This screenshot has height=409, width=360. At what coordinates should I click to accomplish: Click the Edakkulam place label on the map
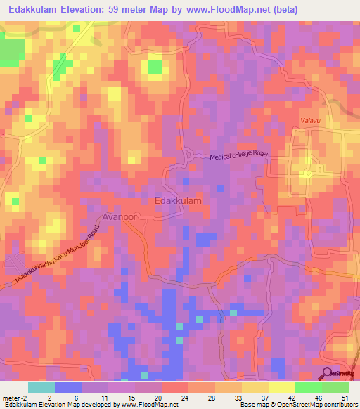pyautogui.click(x=178, y=201)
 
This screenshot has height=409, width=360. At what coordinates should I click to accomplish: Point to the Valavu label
pyautogui.click(x=309, y=121)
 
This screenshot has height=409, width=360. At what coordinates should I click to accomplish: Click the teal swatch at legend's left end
pyautogui.click(x=41, y=387)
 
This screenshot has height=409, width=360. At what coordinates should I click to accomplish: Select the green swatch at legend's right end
pyautogui.click(x=335, y=387)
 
